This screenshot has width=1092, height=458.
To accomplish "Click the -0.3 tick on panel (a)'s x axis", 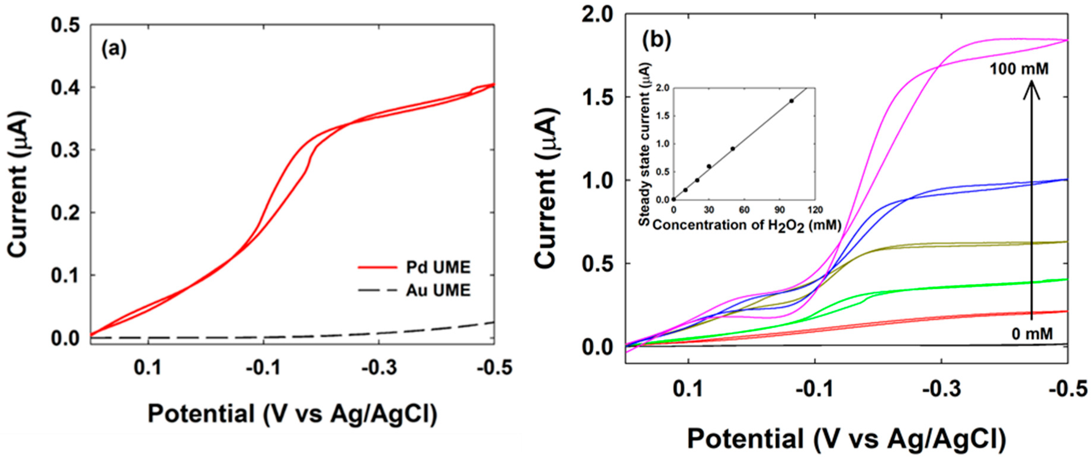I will [x=379, y=368].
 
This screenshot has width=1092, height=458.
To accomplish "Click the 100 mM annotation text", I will [x=1019, y=69].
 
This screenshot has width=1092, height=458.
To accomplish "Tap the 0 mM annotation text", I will [x=1032, y=334].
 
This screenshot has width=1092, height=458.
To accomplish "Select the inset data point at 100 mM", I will [x=791, y=101].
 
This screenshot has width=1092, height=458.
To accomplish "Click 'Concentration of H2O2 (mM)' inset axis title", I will [x=746, y=225].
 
